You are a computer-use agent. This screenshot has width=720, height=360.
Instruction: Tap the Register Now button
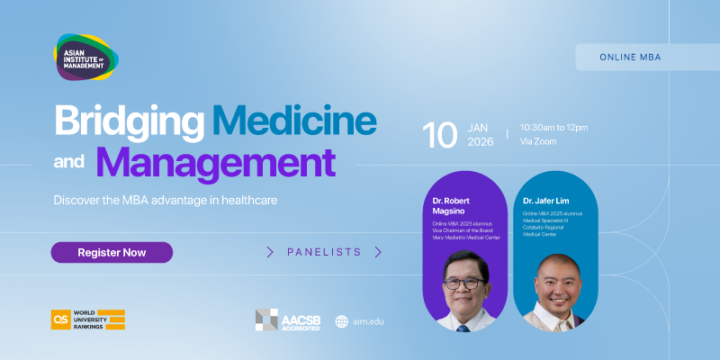(112, 252)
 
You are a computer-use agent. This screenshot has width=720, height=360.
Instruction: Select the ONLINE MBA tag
(630, 57)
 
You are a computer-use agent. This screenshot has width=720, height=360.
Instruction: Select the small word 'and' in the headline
(69, 166)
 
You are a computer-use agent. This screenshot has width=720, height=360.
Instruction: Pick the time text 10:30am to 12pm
(553, 127)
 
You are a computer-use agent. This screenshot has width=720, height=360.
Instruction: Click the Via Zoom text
(539, 142)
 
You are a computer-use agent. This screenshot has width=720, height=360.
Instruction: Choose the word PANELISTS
(324, 252)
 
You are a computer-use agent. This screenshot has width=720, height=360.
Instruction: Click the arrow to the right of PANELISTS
(378, 252)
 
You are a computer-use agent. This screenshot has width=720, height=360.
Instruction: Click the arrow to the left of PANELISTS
(270, 252)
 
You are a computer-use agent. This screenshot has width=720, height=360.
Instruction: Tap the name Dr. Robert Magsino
(453, 204)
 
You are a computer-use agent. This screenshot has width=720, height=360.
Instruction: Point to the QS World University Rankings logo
(87, 319)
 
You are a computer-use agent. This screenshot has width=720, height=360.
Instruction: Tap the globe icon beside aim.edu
(342, 321)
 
